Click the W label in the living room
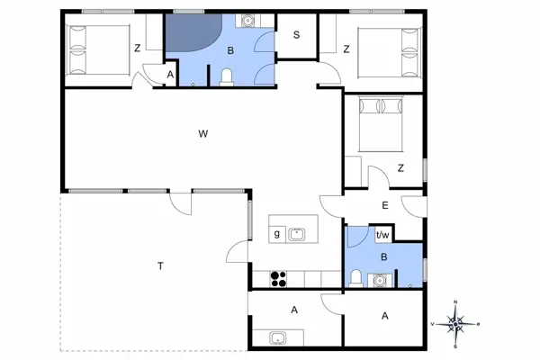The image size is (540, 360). click(x=203, y=134)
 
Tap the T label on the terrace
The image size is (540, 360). click(x=161, y=265)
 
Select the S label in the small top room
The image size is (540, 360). click(x=296, y=37)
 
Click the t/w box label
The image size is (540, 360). click(x=382, y=235)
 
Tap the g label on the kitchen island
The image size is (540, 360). click(x=276, y=235)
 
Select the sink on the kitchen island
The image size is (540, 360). click(x=298, y=235)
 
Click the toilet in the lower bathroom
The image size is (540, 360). click(x=356, y=276)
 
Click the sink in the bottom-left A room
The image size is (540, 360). click(x=278, y=338)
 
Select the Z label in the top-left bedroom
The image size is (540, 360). click(x=137, y=49)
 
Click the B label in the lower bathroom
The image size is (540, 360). click(x=384, y=256)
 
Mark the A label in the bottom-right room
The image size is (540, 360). click(x=384, y=316)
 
